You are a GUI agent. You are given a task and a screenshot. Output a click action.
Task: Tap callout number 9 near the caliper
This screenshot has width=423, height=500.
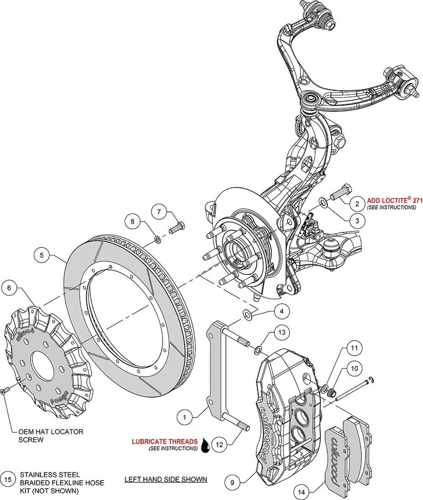[x=233, y=482]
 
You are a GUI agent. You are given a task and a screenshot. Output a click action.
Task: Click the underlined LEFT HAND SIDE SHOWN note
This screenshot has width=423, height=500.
[x=166, y=479]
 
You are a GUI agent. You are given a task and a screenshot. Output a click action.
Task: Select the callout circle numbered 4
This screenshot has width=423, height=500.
[x=281, y=311]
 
